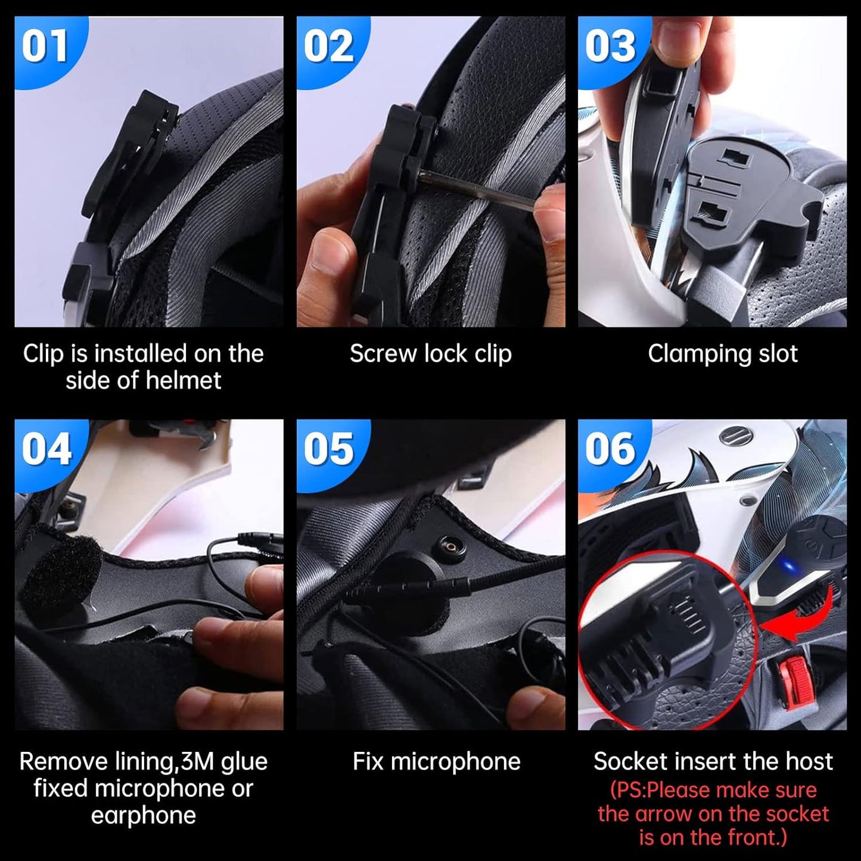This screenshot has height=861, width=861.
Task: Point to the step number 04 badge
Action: (x=46, y=450)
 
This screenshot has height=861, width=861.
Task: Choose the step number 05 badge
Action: (x=328, y=450)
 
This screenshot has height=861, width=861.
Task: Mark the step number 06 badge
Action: (x=610, y=450)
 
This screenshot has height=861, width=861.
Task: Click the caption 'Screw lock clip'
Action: (x=430, y=354)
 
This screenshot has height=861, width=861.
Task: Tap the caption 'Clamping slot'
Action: (x=722, y=354)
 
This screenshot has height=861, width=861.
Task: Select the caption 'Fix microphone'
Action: (x=436, y=761)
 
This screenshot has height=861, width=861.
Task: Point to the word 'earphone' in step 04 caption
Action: (x=143, y=815)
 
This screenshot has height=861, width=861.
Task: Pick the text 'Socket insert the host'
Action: (x=713, y=761)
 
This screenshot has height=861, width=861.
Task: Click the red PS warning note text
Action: (x=713, y=813)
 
